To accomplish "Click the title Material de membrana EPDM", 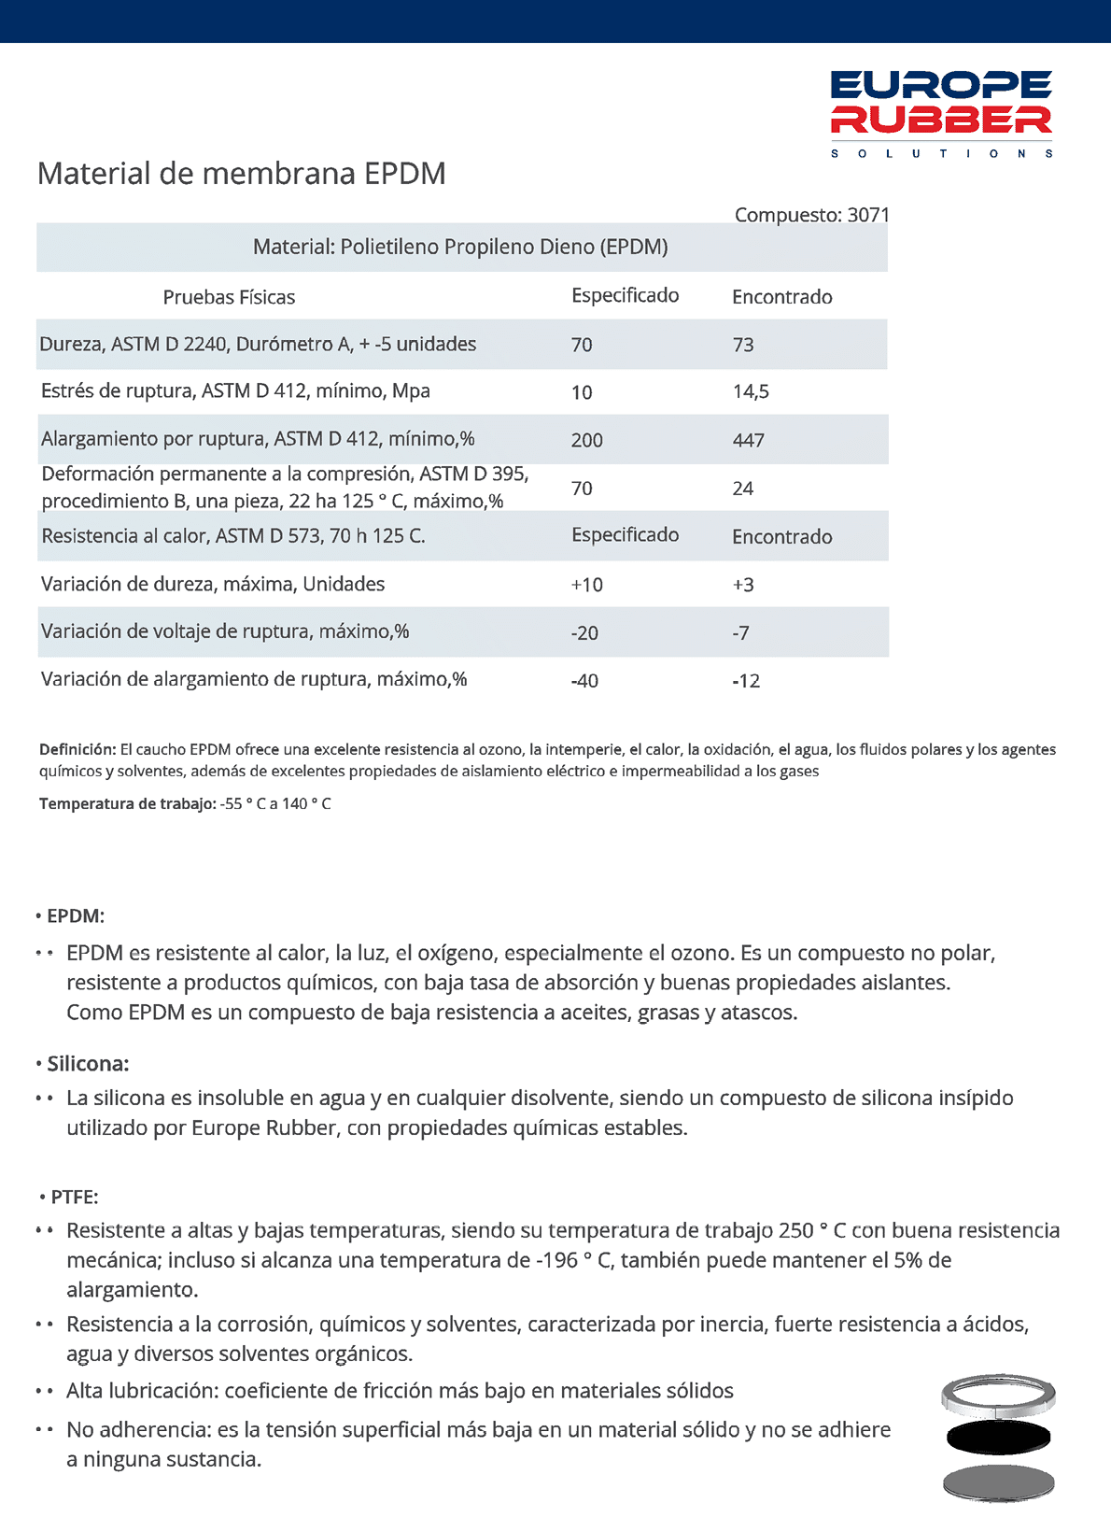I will (241, 174).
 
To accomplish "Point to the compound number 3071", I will (868, 215).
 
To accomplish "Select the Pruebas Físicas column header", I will (229, 297).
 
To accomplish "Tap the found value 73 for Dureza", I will (743, 345).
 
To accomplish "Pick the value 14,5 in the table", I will (751, 391).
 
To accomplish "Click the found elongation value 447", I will (748, 440).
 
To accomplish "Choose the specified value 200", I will (586, 440).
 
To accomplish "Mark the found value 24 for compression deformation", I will (742, 489).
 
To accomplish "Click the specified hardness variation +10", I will (586, 585).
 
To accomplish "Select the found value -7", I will (740, 633).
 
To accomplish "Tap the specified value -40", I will (584, 681).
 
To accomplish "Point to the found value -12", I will (746, 681).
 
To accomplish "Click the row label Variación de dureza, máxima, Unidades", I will (213, 584).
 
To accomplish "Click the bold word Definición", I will (77, 749).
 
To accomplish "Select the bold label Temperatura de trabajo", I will (127, 803).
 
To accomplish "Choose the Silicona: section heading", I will (88, 1063).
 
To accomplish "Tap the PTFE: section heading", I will (74, 1197).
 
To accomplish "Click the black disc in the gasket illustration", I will (998, 1439).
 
